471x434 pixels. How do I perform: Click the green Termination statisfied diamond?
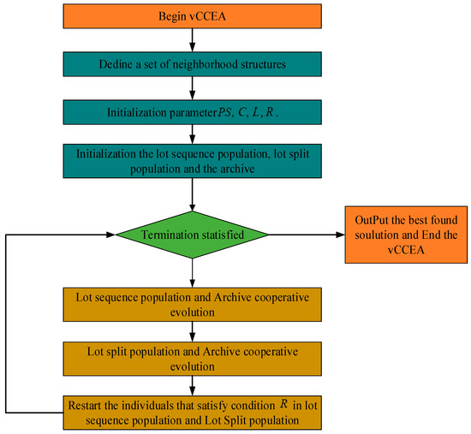click(192, 233)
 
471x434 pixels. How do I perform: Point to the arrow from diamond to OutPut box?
click(304, 233)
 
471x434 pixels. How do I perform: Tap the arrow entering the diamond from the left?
click(60, 233)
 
